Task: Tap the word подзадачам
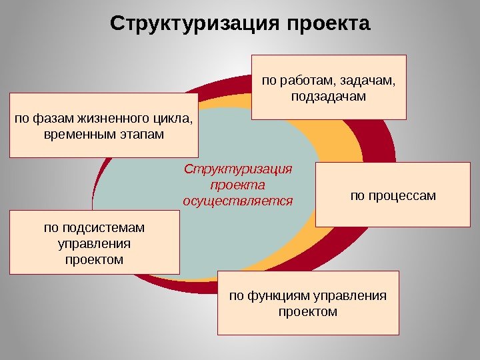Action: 329,97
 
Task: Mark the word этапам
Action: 137,135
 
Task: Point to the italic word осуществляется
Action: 238,200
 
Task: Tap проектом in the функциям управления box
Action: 308,311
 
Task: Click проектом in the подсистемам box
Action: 94,259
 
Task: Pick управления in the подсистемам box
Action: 94,243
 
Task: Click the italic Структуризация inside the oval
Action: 238,169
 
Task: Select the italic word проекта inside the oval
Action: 237,185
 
